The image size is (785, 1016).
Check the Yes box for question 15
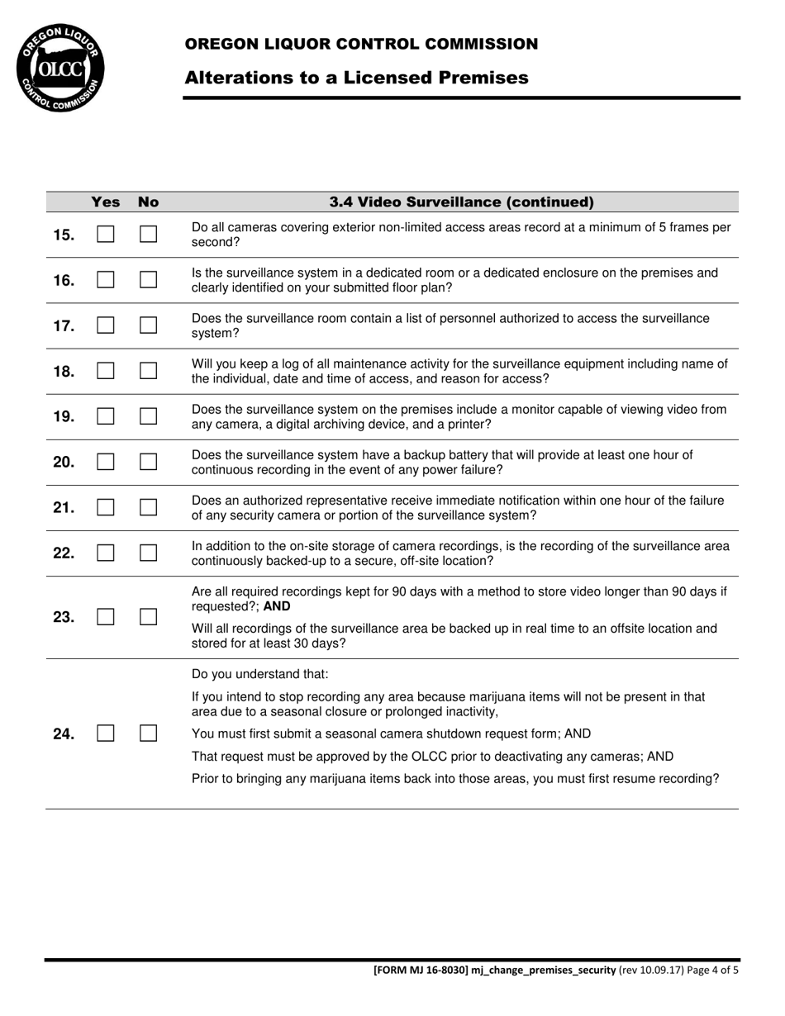(105, 235)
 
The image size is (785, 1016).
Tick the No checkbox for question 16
(148, 280)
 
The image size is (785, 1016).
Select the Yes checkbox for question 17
(105, 325)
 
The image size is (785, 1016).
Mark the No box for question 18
(148, 372)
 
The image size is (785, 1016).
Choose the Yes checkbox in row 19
(105, 416)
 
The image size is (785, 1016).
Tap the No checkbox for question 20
(148, 462)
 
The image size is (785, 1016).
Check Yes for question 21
(105, 507)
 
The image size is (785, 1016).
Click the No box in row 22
(148, 553)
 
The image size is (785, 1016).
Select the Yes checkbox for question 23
(105, 617)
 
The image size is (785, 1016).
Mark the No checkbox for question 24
(148, 733)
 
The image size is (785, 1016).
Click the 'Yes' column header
(105, 202)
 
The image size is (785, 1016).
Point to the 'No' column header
(148, 202)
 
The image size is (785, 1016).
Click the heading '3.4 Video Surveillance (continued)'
(461, 202)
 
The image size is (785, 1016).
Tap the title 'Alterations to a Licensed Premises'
(356, 78)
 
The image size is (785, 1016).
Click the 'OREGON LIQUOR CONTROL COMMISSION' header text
(361, 44)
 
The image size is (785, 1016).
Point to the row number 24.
(64, 734)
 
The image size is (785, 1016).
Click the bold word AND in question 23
(277, 606)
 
